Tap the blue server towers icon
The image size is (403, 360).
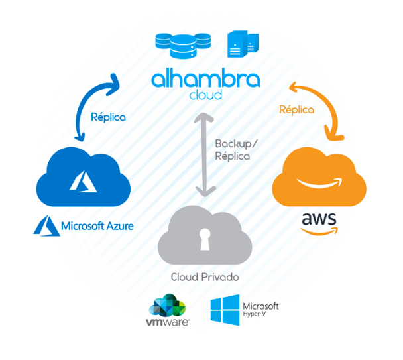point(243,44)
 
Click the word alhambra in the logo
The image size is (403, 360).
point(205,79)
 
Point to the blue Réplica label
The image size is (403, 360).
point(109,117)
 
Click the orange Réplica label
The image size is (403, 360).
point(296,110)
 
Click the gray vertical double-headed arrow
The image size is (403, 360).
point(205,155)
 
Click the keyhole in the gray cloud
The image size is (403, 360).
point(205,241)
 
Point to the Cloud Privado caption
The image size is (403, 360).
point(205,277)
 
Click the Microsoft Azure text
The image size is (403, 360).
point(97,226)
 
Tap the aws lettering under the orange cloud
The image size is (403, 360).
point(319,220)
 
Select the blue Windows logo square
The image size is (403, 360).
point(225,310)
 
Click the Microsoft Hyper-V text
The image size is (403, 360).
point(260,309)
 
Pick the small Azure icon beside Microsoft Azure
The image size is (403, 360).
point(46,226)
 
